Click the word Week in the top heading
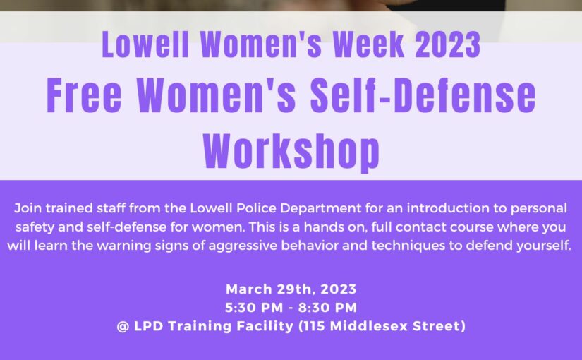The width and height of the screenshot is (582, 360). (x=368, y=44)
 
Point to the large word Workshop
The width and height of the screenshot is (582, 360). (x=291, y=152)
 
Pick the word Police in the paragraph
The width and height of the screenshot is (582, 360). (x=256, y=208)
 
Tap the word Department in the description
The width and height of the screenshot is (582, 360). (x=320, y=209)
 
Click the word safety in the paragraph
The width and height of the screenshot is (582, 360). (x=35, y=227)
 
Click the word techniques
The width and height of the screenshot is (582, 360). (x=408, y=246)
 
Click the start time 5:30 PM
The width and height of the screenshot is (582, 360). (x=254, y=308)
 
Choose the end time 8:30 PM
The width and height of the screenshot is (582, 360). (x=328, y=308)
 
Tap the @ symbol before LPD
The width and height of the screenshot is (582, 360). (x=123, y=327)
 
